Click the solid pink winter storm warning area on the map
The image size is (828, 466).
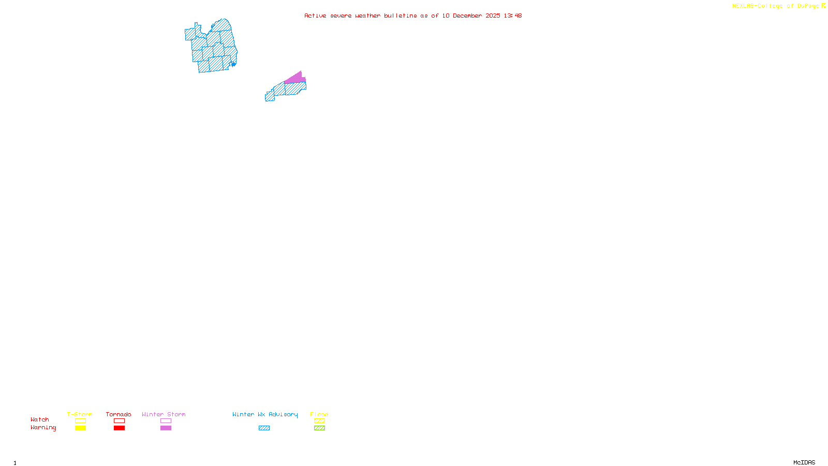pyautogui.click(x=295, y=79)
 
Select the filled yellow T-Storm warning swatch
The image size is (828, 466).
pyautogui.click(x=80, y=428)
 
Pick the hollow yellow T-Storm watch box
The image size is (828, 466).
pyautogui.click(x=80, y=421)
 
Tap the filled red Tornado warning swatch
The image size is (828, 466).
pyautogui.click(x=119, y=428)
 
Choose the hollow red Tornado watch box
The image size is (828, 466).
pyautogui.click(x=119, y=421)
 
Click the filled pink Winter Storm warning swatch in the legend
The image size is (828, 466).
pyautogui.click(x=166, y=428)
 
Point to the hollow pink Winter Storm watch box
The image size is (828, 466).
pyautogui.click(x=166, y=421)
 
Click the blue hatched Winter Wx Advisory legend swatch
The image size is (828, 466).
pyautogui.click(x=264, y=428)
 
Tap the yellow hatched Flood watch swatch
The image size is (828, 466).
pyautogui.click(x=319, y=421)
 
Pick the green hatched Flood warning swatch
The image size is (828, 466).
pyautogui.click(x=319, y=428)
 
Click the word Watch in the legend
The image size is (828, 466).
pyautogui.click(x=40, y=420)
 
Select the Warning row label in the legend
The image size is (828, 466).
pyautogui.click(x=43, y=428)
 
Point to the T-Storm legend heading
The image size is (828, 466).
pyautogui.click(x=80, y=414)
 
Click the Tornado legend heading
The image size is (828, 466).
pyautogui.click(x=119, y=414)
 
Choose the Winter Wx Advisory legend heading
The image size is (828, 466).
pyautogui.click(x=265, y=414)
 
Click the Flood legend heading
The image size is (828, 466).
pyautogui.click(x=319, y=414)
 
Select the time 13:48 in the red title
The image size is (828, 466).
pyautogui.click(x=513, y=16)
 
